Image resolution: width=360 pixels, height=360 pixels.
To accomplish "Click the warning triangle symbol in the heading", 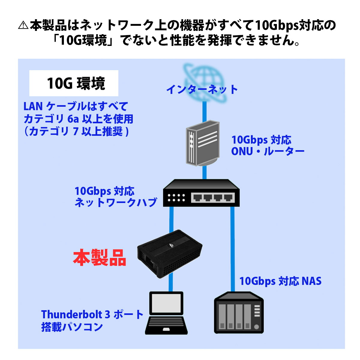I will pyautogui.click(x=23, y=25).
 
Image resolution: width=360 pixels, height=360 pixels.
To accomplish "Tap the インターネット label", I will pyautogui.click(x=202, y=89).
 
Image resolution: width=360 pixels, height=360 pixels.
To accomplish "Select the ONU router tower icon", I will pyautogui.click(x=202, y=144).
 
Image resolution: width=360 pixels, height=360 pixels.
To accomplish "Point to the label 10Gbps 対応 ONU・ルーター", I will pyautogui.click(x=267, y=145).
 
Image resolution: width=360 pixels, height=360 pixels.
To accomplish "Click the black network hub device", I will pyautogui.click(x=201, y=193).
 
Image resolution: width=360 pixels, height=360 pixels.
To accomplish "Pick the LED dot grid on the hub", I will pyautogui.click(x=176, y=197).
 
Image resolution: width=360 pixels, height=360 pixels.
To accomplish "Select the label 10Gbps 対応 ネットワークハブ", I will pyautogui.click(x=115, y=196).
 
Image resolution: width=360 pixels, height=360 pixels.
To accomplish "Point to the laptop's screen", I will pyautogui.click(x=166, y=304).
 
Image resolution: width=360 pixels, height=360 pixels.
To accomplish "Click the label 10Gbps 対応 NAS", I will pyautogui.click(x=280, y=281).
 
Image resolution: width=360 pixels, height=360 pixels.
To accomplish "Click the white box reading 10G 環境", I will pyautogui.click(x=74, y=83).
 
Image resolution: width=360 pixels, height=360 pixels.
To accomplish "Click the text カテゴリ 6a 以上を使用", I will pyautogui.click(x=78, y=119).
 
